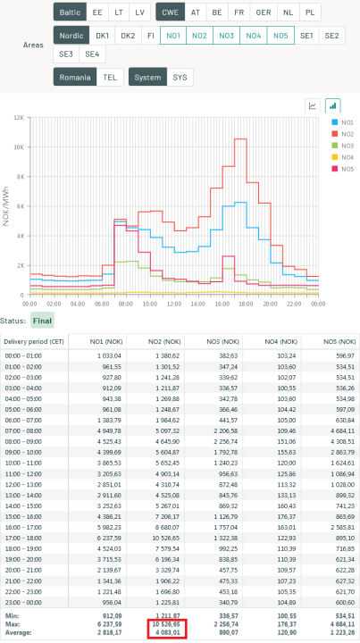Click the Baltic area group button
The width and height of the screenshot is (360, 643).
pyautogui.click(x=69, y=13)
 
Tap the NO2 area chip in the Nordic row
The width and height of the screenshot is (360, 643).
pyautogui.click(x=200, y=36)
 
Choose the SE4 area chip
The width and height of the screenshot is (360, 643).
pyautogui.click(x=91, y=54)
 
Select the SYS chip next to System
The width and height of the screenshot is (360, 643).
pyautogui.click(x=181, y=78)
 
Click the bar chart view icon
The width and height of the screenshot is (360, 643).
pyautogui.click(x=333, y=105)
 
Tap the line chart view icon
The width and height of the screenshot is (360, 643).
pyautogui.click(x=313, y=105)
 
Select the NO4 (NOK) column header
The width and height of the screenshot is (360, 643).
pyautogui.click(x=272, y=343)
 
